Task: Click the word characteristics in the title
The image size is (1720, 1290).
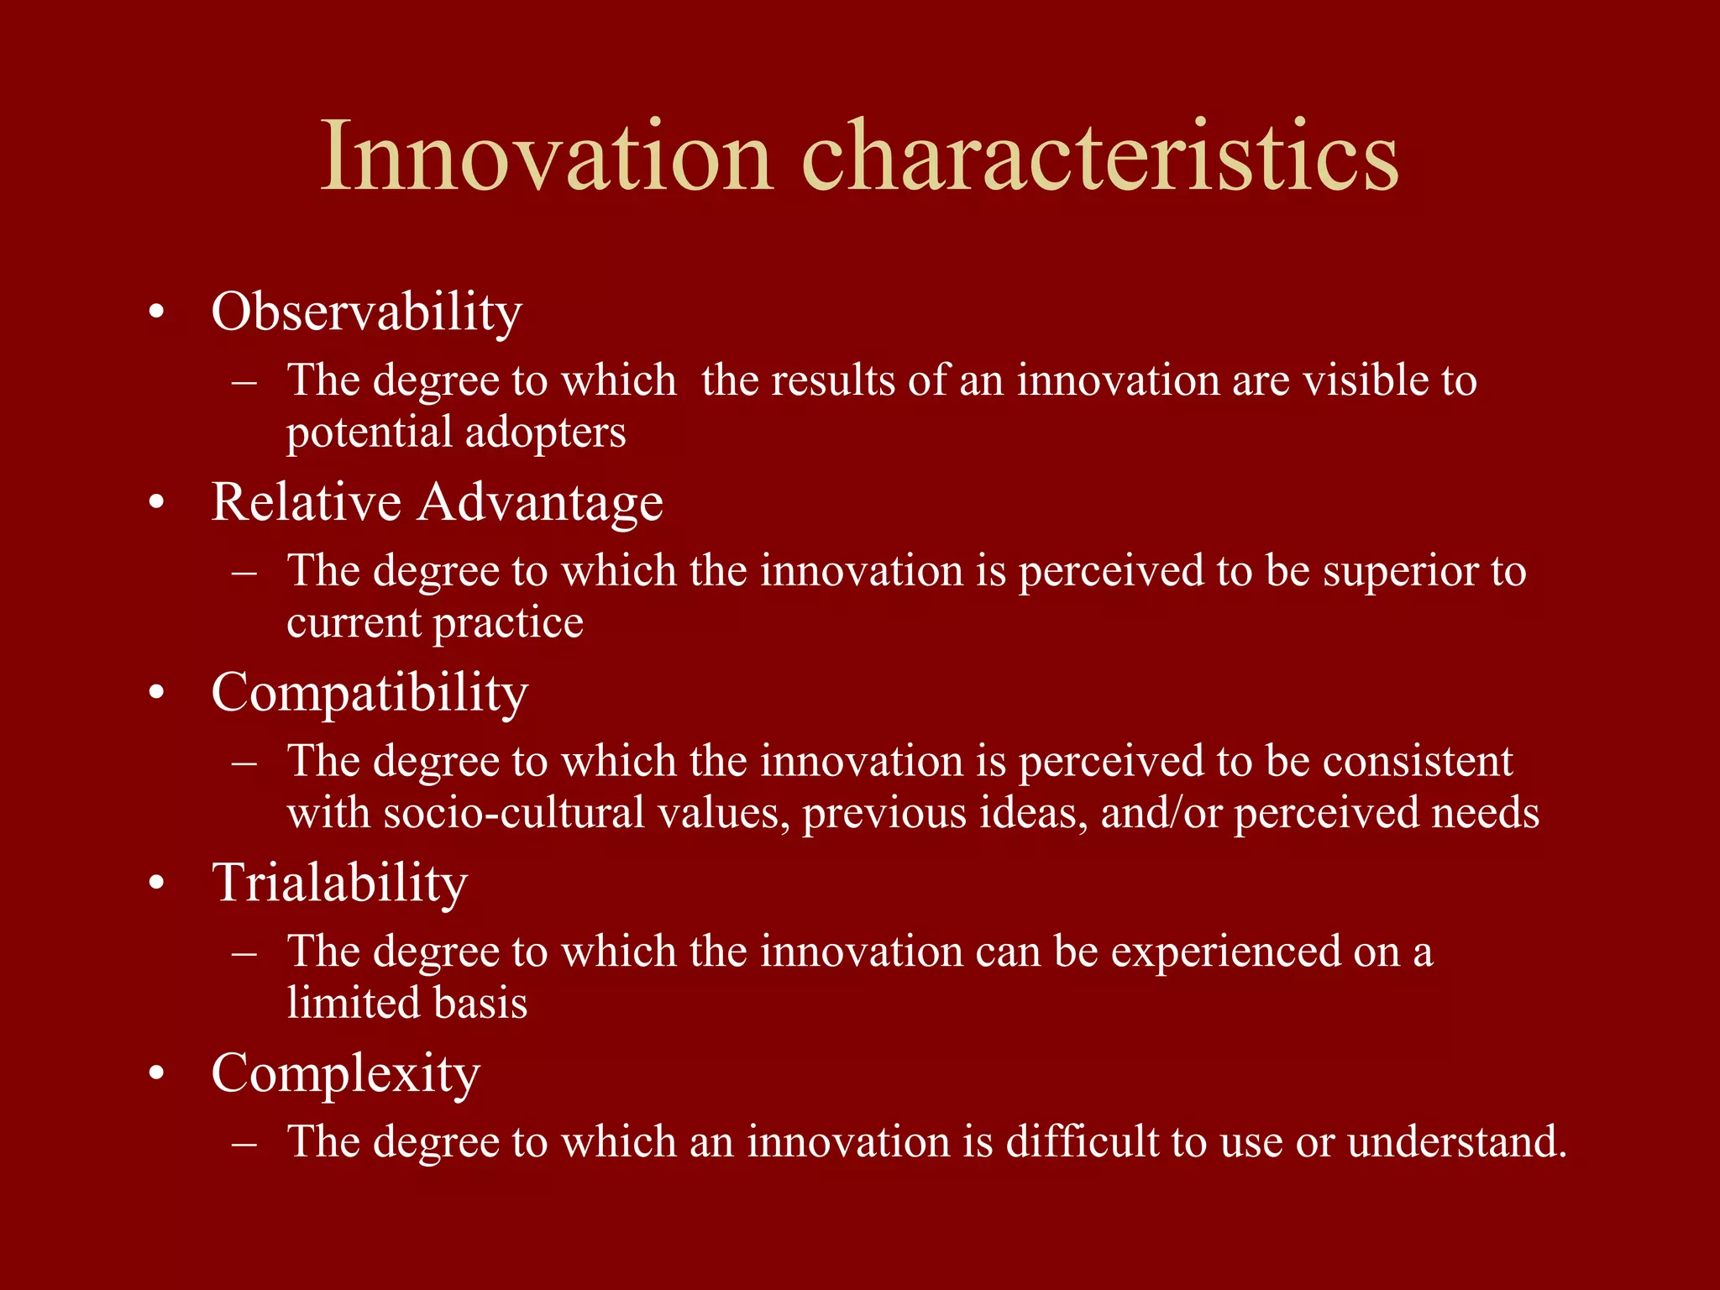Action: (x=1100, y=157)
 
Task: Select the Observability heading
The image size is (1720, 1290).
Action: (x=366, y=312)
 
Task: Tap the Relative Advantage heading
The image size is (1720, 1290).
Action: (x=437, y=502)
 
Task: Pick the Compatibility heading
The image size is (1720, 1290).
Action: (x=370, y=694)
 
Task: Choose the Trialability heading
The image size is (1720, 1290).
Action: (x=339, y=884)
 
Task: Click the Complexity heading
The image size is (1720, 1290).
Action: (x=345, y=1074)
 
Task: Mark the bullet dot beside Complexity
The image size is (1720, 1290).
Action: (x=155, y=1075)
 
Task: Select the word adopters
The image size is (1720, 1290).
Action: (x=545, y=433)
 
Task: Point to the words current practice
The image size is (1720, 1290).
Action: (x=434, y=623)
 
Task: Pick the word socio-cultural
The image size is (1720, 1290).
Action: (x=514, y=813)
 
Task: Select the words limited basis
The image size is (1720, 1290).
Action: (x=406, y=1004)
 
